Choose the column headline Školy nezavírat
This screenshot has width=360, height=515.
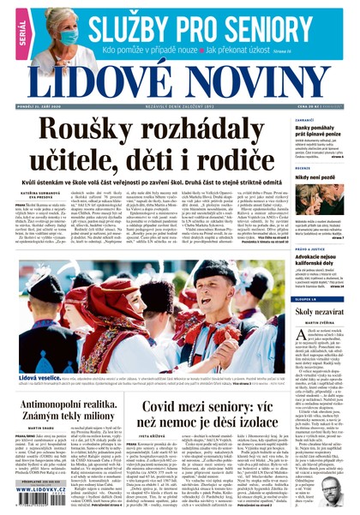[x=321, y=313]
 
